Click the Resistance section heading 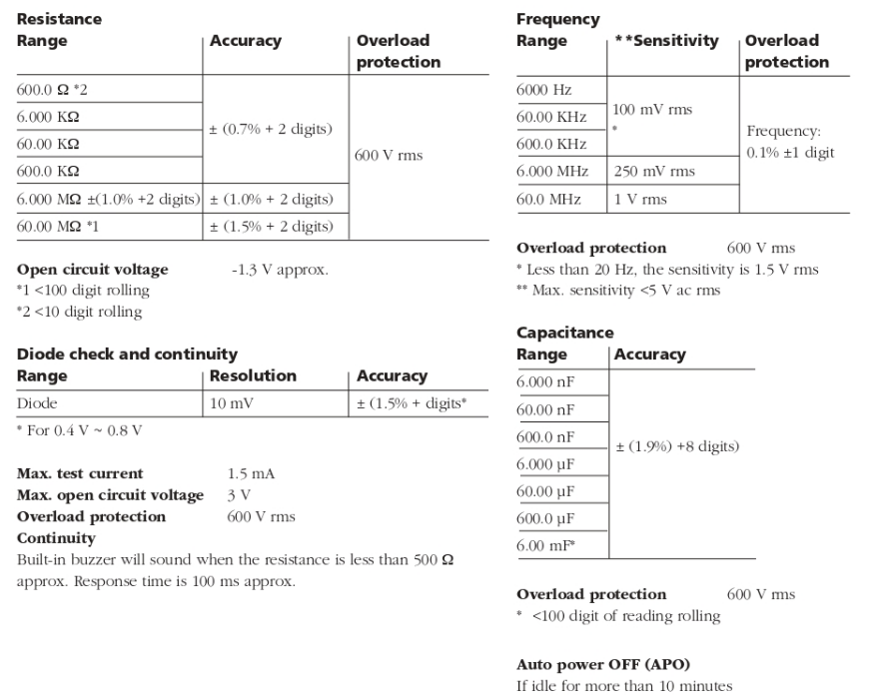click(x=59, y=19)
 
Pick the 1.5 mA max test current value click(x=246, y=472)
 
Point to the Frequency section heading click(x=557, y=19)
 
